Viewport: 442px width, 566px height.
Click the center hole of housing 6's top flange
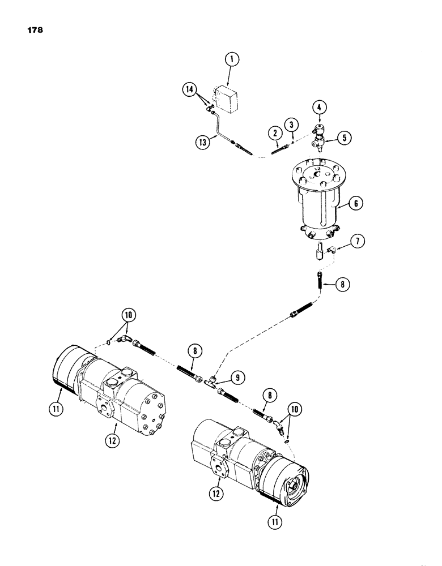point(320,174)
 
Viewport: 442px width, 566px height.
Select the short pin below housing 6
point(319,250)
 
